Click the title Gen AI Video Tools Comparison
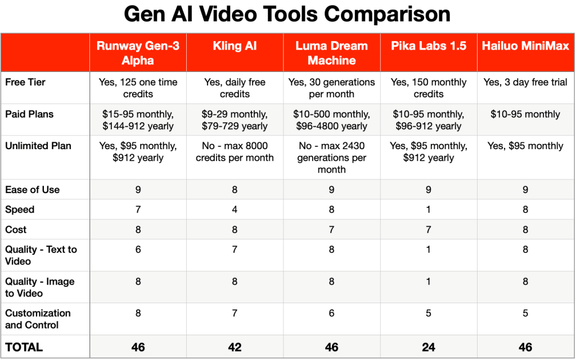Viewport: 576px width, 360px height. [287, 14]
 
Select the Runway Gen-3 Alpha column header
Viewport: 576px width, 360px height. [138, 53]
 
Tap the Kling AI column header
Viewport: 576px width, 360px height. [235, 46]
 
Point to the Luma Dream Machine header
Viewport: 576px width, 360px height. [331, 53]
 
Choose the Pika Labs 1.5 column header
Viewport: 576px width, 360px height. [429, 46]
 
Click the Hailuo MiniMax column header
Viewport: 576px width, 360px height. [525, 46]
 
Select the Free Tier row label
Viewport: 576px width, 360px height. [25, 82]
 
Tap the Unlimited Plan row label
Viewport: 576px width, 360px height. [38, 146]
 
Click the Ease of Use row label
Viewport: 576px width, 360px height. [32, 190]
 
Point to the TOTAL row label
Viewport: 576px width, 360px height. [24, 347]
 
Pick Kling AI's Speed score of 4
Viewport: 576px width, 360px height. [235, 210]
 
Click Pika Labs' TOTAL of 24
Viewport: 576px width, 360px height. [429, 347]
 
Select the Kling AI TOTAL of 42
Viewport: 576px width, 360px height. [235, 347]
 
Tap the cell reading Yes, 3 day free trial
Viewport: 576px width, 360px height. [525, 82]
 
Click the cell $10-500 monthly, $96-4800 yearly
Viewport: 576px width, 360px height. [331, 120]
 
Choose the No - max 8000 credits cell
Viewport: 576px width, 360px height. [235, 151]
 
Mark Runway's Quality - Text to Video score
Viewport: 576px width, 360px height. [138, 250]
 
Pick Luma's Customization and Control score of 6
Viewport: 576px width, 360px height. [331, 313]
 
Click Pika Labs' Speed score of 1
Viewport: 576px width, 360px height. [429, 210]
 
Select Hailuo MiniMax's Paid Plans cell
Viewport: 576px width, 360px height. [525, 114]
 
